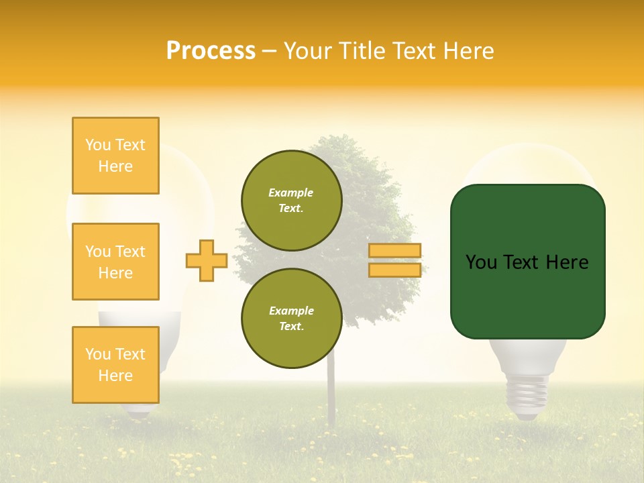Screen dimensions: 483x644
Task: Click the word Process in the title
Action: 211,51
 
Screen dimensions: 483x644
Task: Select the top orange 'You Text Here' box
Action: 115,156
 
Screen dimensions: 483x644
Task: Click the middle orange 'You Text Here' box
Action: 115,262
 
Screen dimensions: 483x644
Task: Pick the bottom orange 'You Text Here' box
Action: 115,365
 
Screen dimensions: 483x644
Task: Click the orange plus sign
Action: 207,261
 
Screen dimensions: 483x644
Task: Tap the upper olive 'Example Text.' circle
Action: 292,201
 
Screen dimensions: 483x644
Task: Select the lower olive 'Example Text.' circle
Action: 292,319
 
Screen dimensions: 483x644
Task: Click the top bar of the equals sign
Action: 395,251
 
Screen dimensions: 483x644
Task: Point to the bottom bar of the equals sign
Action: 395,270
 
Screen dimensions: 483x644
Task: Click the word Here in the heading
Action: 469,51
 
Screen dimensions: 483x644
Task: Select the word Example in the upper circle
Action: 291,193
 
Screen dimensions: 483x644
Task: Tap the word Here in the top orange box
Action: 115,166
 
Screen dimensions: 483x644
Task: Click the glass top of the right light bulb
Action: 527,168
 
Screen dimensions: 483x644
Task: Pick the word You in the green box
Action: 481,262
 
